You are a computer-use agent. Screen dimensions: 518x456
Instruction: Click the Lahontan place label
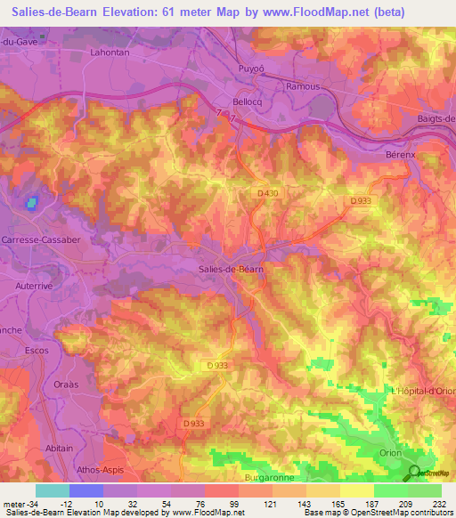tap(111, 53)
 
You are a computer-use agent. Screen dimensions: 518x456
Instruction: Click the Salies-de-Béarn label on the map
tap(229, 269)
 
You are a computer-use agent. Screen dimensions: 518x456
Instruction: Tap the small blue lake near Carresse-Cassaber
tap(33, 203)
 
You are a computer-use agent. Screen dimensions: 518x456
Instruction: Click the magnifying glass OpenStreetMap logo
tap(414, 473)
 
